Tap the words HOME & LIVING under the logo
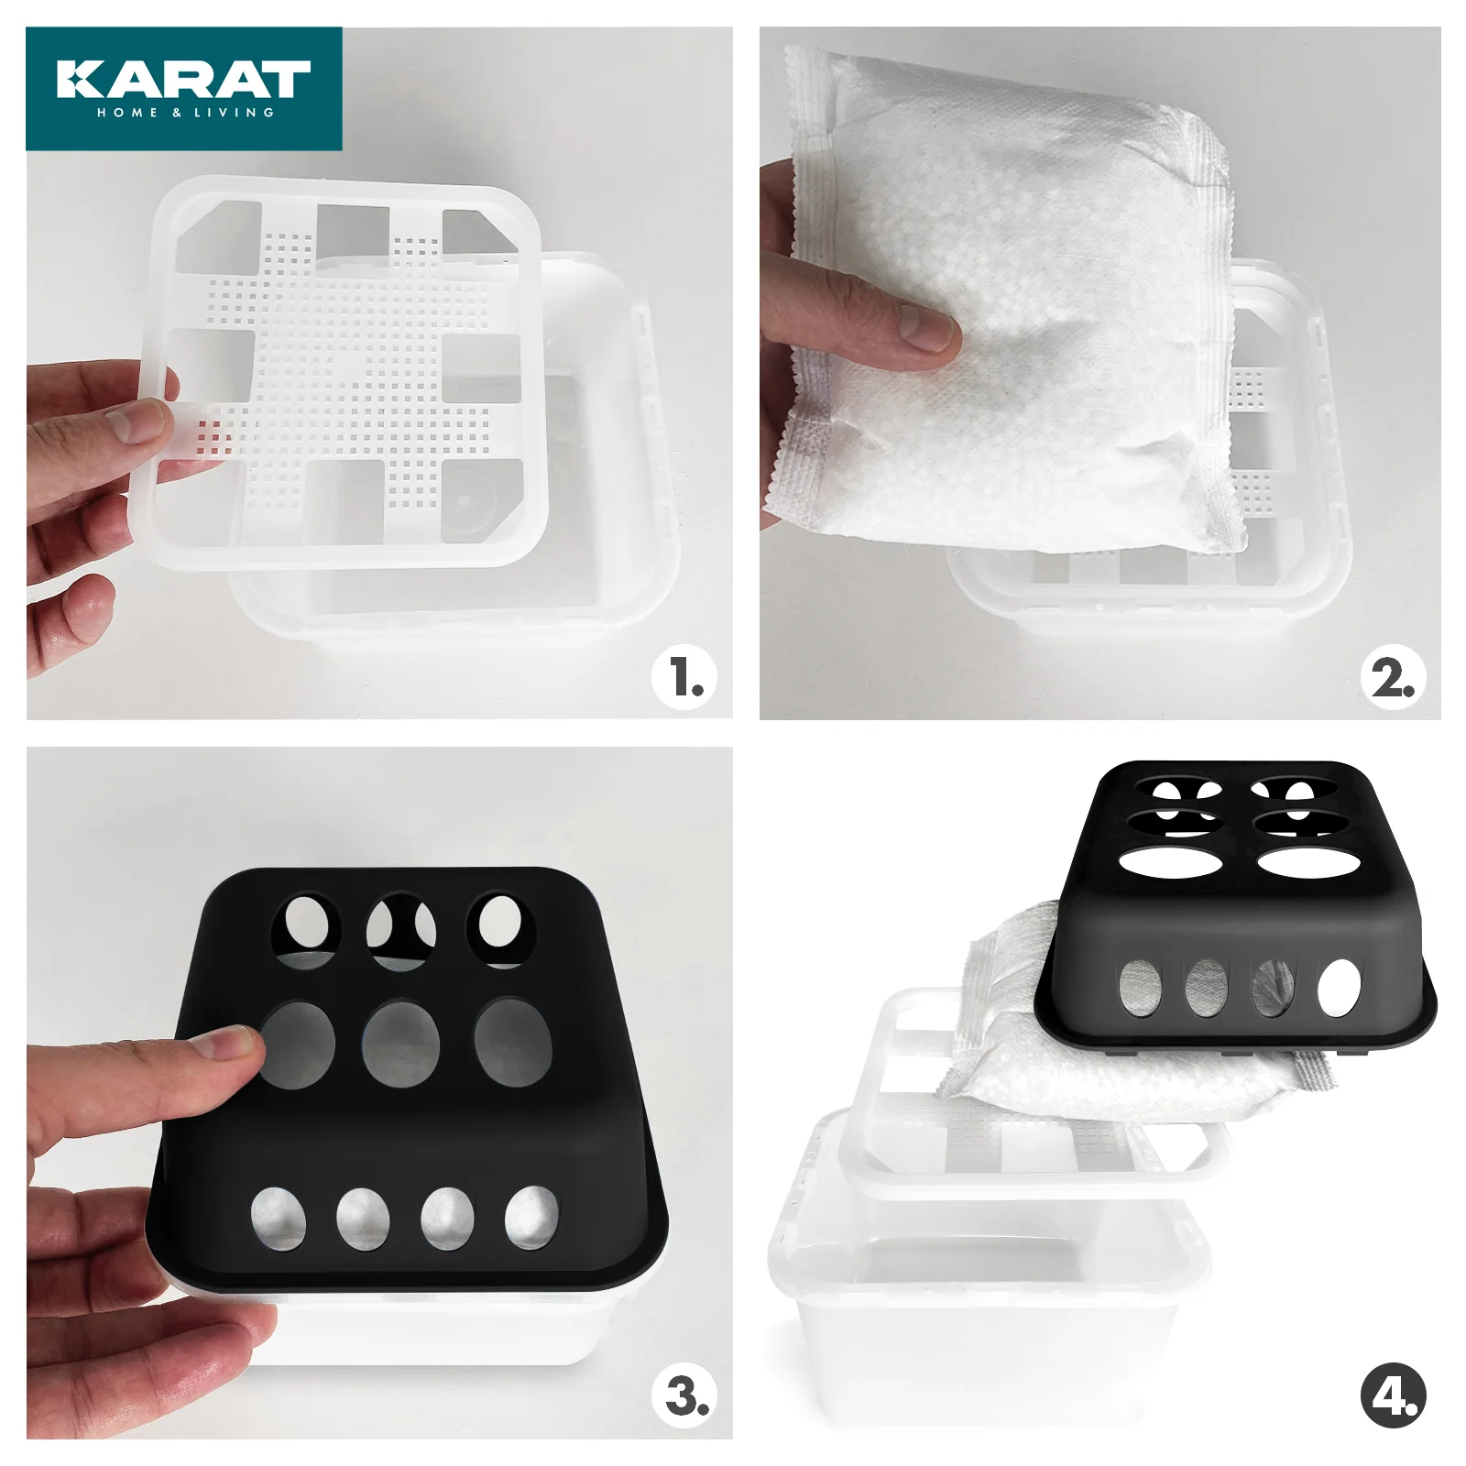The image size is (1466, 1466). click(x=186, y=113)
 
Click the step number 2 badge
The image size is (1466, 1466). click(x=1394, y=678)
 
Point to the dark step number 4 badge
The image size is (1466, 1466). click(x=1394, y=1396)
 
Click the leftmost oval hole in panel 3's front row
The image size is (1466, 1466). click(x=279, y=1219)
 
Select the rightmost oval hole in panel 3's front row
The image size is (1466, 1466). click(x=531, y=1218)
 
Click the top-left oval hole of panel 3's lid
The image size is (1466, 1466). click(x=306, y=927)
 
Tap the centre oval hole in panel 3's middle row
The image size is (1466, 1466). click(x=400, y=1045)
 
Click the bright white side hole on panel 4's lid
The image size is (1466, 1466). click(x=1340, y=990)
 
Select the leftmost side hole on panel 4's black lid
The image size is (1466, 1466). click(x=1141, y=988)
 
